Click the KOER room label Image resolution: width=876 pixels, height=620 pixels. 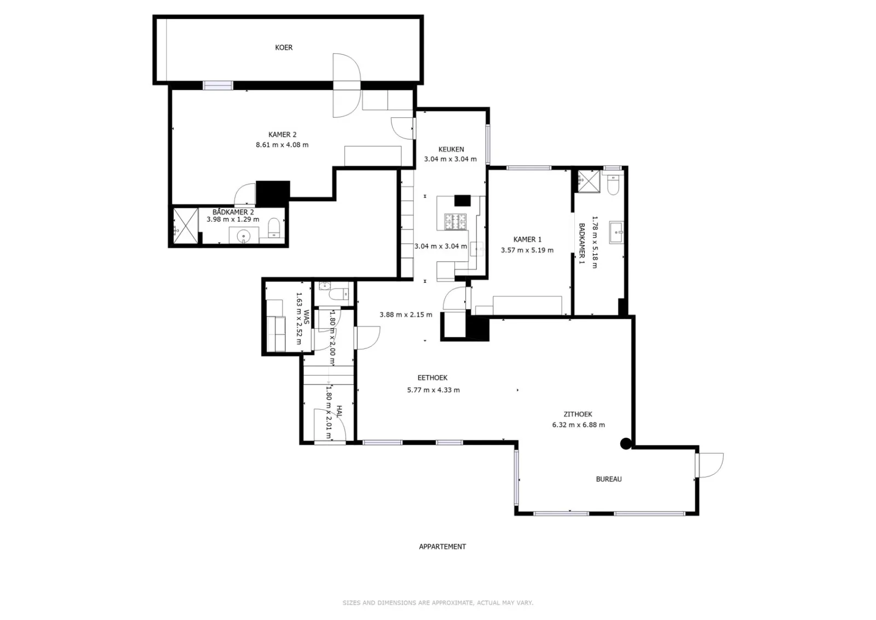tap(284, 47)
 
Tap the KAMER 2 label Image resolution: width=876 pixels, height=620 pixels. tap(282, 135)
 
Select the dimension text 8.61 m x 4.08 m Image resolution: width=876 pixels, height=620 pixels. tap(282, 145)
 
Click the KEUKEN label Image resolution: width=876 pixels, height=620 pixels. tap(451, 149)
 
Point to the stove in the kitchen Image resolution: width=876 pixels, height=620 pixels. tap(455, 221)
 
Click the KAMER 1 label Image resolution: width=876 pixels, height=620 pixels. tap(527, 239)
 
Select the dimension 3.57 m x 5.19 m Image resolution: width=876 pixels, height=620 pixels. tap(527, 250)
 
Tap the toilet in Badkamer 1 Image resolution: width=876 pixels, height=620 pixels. tap(613, 185)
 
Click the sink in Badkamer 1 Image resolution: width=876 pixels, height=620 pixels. tap(616, 232)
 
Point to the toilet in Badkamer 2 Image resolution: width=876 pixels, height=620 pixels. tap(274, 228)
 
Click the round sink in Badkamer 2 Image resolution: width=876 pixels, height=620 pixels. tap(244, 236)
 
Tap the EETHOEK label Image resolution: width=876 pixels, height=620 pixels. tap(433, 378)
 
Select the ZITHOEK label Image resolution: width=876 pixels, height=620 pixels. tap(578, 414)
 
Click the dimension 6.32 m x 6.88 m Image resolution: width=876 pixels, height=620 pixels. tap(578, 425)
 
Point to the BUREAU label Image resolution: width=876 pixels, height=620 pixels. tap(608, 479)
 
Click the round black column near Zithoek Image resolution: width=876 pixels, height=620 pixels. tap(626, 443)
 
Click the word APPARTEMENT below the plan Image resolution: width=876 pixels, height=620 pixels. tap(442, 547)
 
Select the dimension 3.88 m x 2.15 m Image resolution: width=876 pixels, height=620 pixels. tap(406, 314)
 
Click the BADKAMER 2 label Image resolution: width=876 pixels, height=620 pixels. tap(233, 212)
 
